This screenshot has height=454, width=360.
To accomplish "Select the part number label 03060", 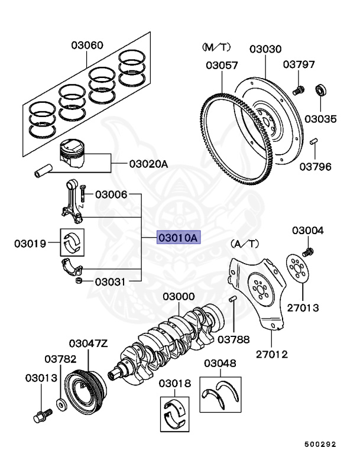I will (87, 45).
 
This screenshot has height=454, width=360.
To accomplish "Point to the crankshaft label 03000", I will (179, 296).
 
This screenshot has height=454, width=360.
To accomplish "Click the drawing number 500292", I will (321, 443).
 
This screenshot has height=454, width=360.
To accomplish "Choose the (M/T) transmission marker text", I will (213, 46).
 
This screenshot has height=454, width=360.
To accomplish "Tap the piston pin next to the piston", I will (43, 173).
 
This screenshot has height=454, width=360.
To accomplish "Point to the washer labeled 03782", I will (61, 406).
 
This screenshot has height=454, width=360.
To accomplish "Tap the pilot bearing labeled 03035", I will (321, 90).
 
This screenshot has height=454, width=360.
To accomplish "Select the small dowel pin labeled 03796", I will (314, 141).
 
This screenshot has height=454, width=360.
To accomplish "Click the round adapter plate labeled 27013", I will (299, 269).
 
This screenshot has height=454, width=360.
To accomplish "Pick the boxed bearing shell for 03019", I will (73, 242).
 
